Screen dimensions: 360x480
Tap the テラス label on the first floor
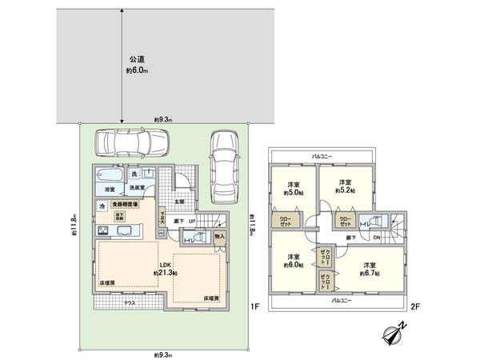pos(130,304)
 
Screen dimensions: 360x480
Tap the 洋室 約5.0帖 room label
pos(293,189)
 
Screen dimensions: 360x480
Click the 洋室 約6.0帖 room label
pos(293,261)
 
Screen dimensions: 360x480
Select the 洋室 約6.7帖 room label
pos(370,268)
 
